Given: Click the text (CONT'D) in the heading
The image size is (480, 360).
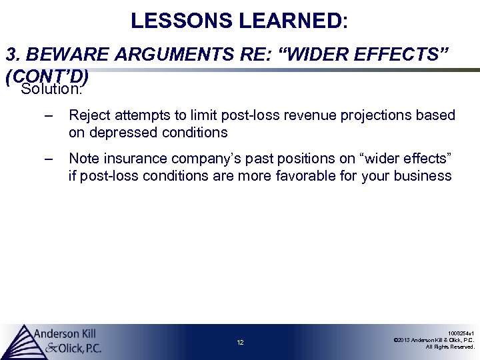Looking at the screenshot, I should pyautogui.click(x=47, y=77).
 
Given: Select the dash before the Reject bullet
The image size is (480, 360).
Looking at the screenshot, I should pyautogui.click(x=47, y=116).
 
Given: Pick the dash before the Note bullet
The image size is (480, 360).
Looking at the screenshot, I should pyautogui.click(x=47, y=159).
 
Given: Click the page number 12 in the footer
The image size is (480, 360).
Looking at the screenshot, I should pyautogui.click(x=240, y=343).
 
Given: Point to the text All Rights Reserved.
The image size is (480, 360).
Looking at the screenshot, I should pyautogui.click(x=450, y=347).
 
